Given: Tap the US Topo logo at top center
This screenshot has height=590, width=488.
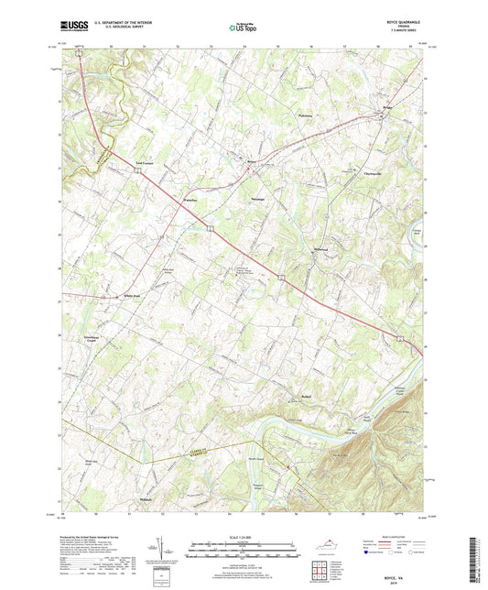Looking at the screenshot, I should point(241,27).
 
